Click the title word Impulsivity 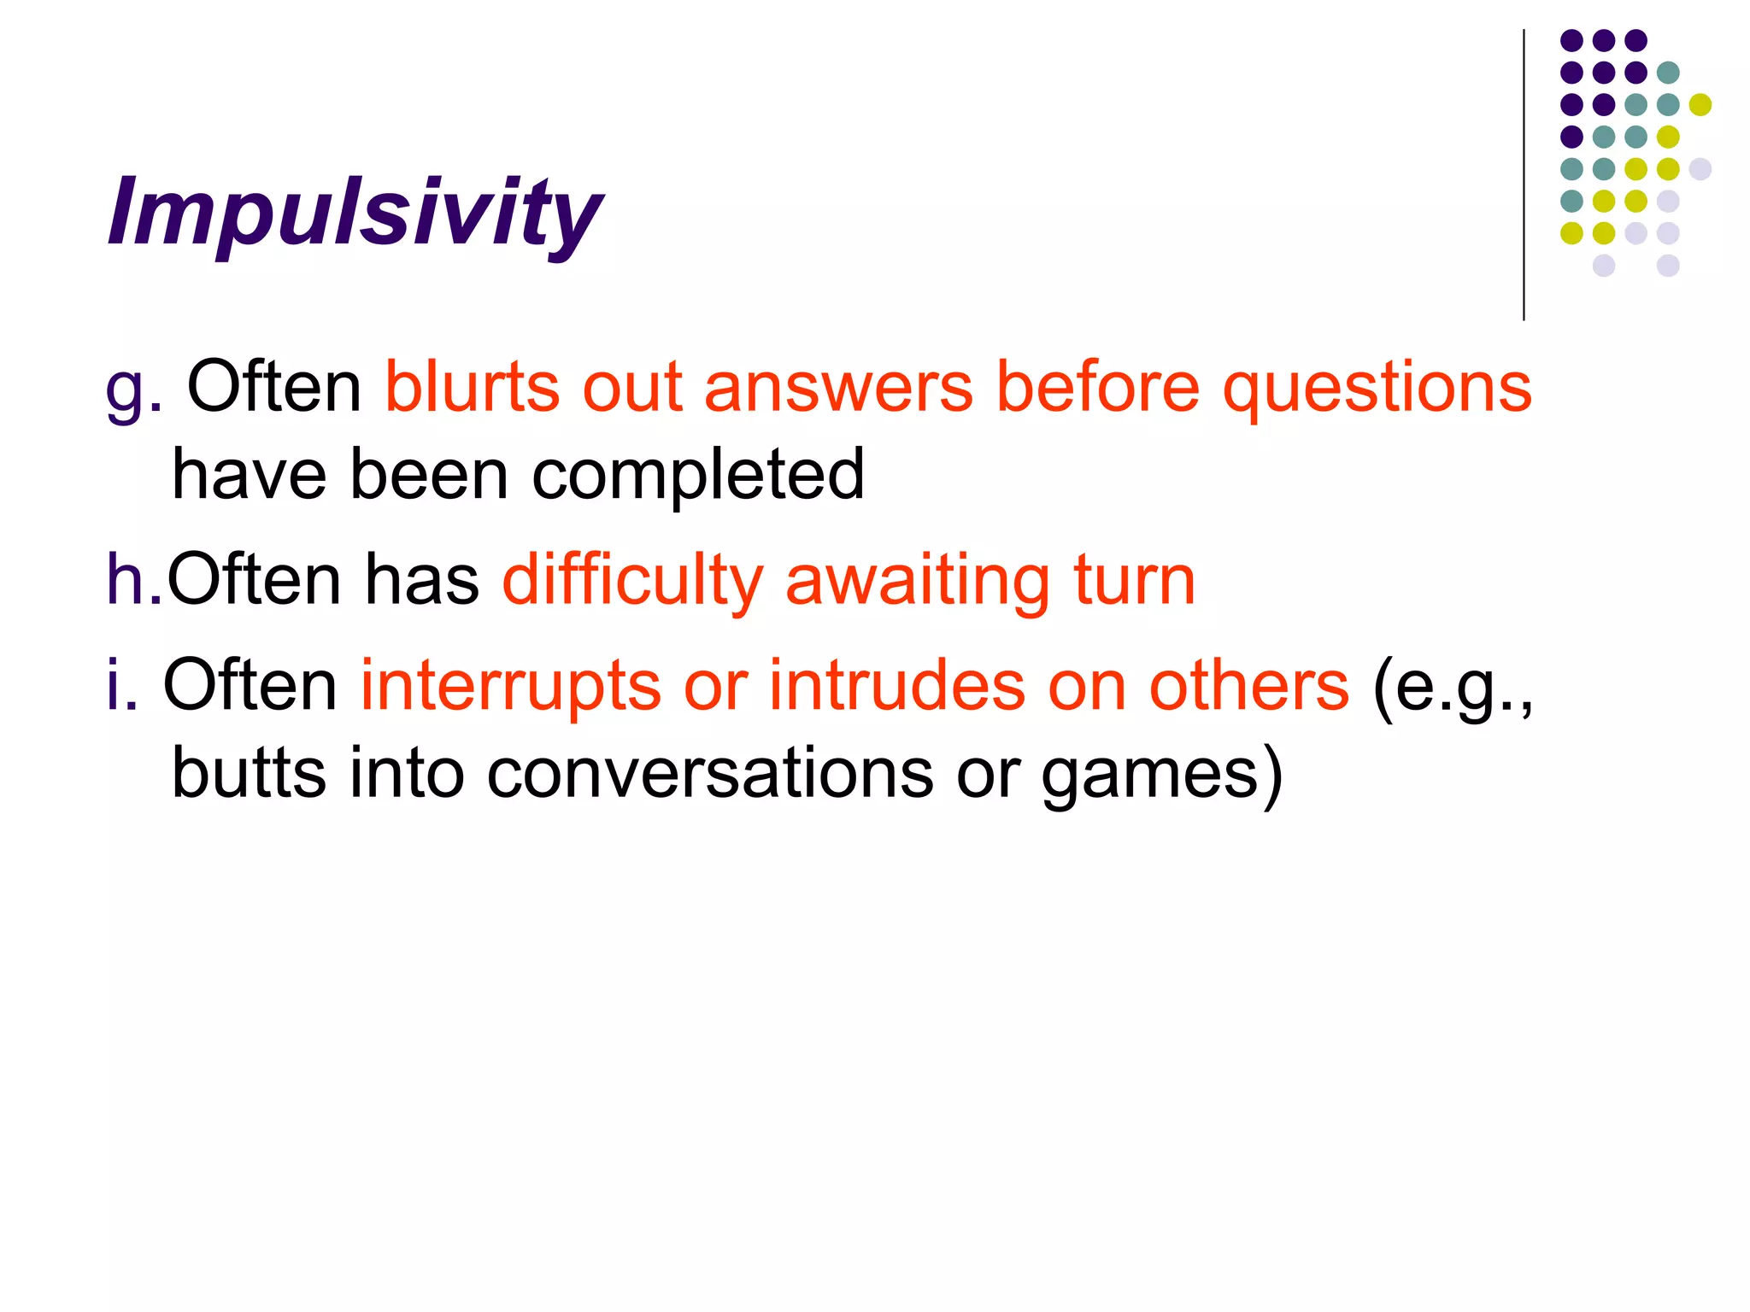tap(355, 214)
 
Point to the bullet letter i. tap(120, 685)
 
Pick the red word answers tap(837, 389)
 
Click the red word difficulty tap(632, 582)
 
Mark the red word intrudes tap(896, 685)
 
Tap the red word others tap(1248, 685)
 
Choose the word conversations tap(710, 774)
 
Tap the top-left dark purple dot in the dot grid tap(1571, 40)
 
